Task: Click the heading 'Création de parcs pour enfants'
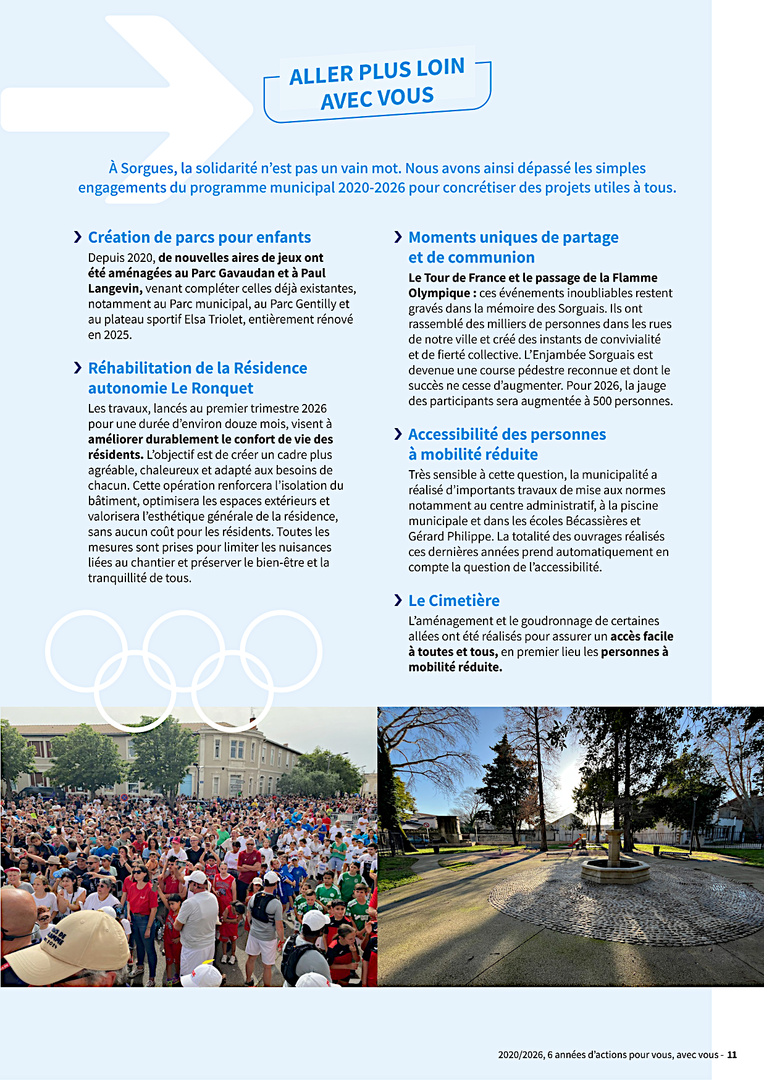[x=199, y=237]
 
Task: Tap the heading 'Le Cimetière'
[x=454, y=600]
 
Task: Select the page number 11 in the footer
[x=732, y=1054]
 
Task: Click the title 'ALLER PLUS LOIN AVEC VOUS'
[x=377, y=85]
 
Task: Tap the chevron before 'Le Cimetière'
[x=398, y=600]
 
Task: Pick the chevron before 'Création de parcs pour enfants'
[x=78, y=237]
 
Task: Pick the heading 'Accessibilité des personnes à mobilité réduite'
[x=506, y=444]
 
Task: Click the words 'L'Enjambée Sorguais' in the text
[x=588, y=355]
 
